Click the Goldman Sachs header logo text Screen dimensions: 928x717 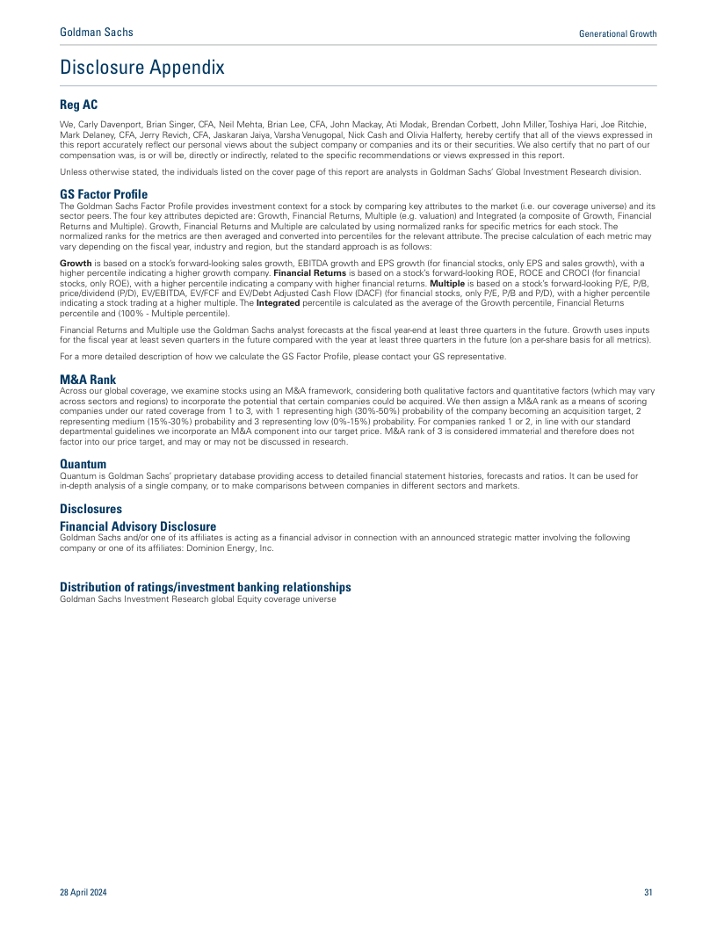tap(97, 33)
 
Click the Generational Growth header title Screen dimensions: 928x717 tap(618, 33)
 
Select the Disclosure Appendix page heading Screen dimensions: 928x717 tap(141, 68)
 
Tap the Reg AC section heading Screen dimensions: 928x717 tap(78, 105)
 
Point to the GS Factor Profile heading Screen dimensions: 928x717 tap(104, 194)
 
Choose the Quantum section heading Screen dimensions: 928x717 tap(83, 464)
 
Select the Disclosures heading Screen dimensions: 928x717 tap(91, 509)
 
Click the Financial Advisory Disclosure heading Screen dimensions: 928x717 tap(138, 526)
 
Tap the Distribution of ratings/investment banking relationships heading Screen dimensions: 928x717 tap(206, 587)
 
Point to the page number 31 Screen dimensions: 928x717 tap(648, 893)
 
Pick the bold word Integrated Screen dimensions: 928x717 tap(278, 302)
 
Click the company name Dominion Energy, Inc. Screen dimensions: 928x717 tap(240, 547)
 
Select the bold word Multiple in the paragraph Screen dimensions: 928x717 tap(453, 283)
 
